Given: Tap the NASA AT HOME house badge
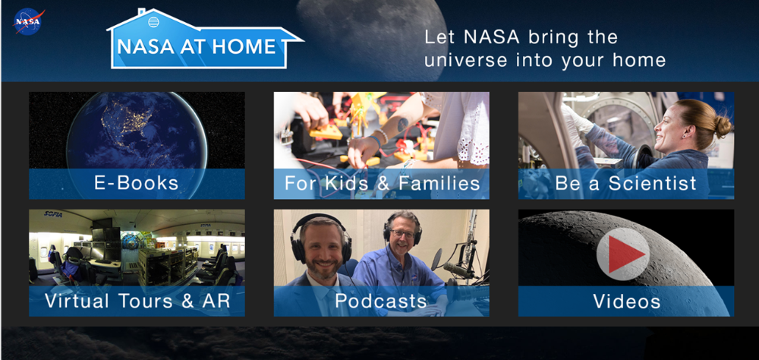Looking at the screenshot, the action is (205, 39).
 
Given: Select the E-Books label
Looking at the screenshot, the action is (137, 183).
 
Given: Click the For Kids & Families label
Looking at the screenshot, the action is (382, 183).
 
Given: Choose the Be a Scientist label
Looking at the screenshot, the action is (626, 183).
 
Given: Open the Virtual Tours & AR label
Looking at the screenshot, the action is (137, 301).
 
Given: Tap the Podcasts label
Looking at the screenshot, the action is (381, 301).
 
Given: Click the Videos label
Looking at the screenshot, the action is (627, 301).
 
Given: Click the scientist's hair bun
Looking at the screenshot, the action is (723, 127).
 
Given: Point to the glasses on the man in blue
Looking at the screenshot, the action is (403, 233).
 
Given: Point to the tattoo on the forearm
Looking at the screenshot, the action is (403, 125).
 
